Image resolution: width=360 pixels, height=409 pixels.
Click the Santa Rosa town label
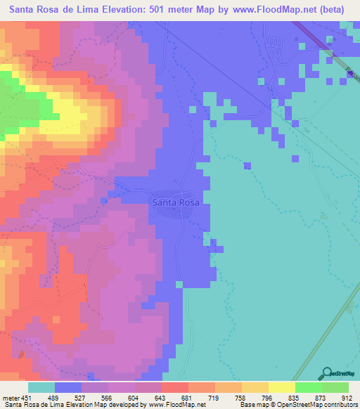[176, 202]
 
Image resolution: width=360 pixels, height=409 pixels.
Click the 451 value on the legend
[25, 397]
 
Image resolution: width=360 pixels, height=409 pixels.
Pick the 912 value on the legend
[346, 397]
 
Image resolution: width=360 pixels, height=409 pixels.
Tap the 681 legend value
[186, 397]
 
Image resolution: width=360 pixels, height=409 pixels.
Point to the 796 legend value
[266, 397]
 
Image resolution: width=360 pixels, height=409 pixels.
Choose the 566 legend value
[105, 397]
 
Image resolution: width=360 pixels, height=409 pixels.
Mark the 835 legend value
[292, 397]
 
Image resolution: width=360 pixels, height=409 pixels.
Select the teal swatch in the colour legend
[41, 387]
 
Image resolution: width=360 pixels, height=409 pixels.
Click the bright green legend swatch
[308, 387]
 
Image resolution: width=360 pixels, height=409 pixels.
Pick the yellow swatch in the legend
[281, 387]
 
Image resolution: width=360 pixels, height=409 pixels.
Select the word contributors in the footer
[340, 405]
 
